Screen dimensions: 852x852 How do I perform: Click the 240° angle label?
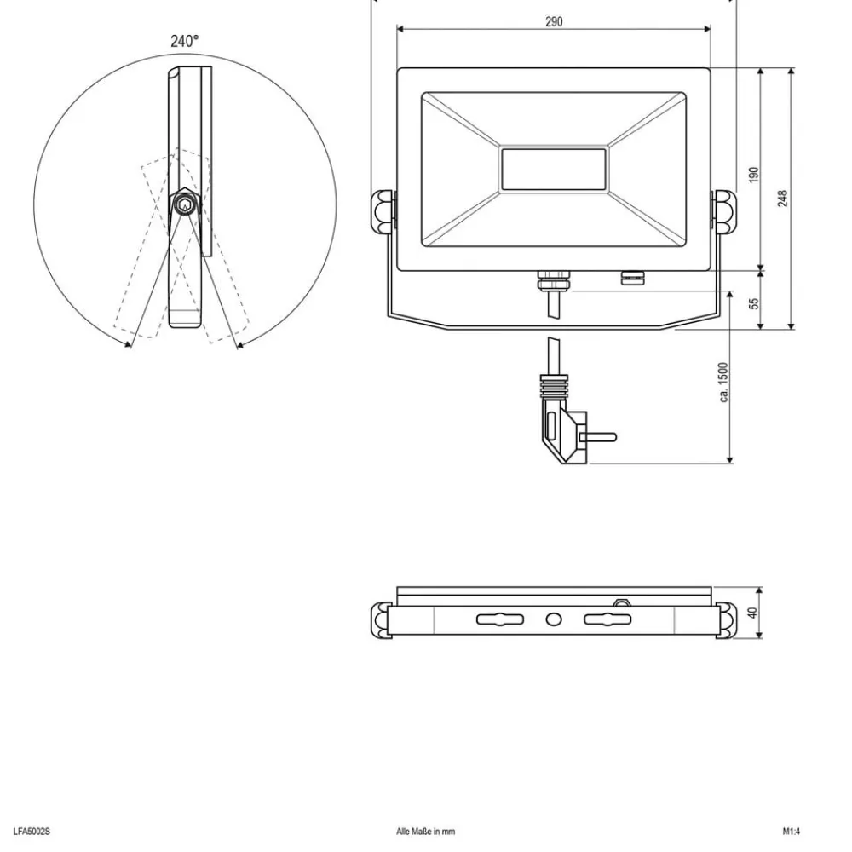tap(185, 41)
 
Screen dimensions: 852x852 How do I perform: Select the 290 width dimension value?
tap(554, 22)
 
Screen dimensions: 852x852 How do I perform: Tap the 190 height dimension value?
tap(753, 174)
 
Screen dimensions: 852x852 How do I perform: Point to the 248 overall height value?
tap(782, 198)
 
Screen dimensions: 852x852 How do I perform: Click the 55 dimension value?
tap(754, 302)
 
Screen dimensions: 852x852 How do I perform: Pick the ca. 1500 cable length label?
tap(723, 383)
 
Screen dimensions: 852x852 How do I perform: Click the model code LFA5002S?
tap(32, 831)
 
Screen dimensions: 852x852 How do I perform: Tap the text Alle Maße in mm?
tap(426, 831)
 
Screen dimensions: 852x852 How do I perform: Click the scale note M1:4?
tap(792, 831)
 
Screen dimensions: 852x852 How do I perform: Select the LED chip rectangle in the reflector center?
tap(554, 169)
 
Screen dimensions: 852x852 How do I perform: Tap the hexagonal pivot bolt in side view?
tap(182, 204)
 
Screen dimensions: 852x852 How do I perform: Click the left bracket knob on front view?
tap(384, 211)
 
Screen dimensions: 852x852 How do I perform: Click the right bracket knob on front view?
tap(723, 211)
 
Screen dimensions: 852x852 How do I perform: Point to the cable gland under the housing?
tap(550, 279)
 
